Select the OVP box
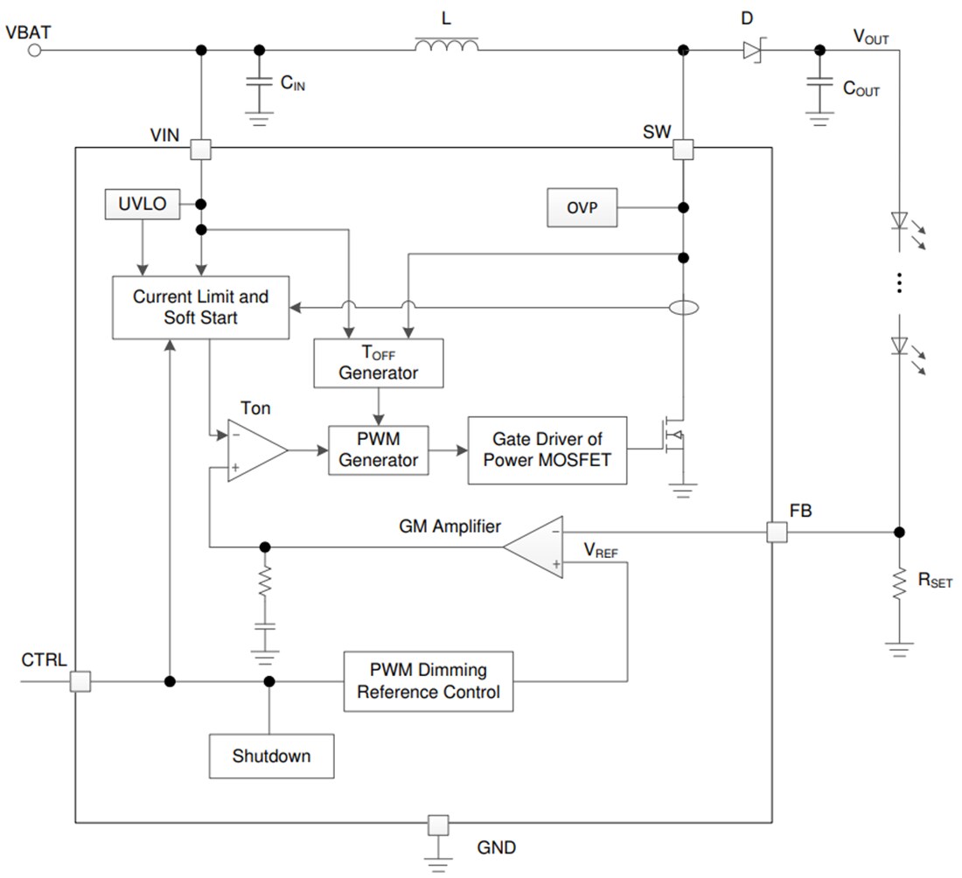(581, 208)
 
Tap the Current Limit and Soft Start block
(200, 307)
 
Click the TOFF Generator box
(379, 362)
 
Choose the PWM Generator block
(379, 449)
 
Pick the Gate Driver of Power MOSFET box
(547, 449)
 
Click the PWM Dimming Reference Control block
(428, 681)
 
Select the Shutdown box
(271, 756)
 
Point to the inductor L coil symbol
(446, 45)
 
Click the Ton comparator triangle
(254, 449)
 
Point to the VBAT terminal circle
(34, 51)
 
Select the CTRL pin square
(80, 681)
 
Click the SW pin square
(683, 150)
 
